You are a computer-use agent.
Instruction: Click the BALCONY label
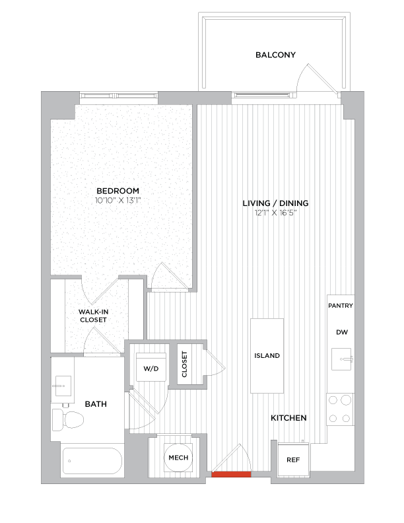point(275,55)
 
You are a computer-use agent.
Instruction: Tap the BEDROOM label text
point(118,190)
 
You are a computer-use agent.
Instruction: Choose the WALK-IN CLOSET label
point(93,315)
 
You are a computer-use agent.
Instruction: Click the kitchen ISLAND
point(267,355)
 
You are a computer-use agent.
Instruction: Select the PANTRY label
point(341,306)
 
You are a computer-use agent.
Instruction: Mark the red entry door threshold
point(231,473)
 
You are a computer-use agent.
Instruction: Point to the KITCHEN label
point(288,418)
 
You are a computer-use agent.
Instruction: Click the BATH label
point(96,403)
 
